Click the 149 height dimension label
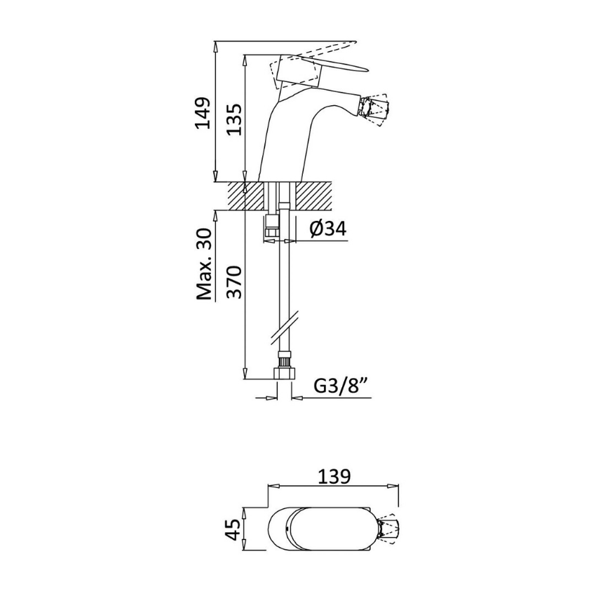coord(202,113)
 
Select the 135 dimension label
coord(233,119)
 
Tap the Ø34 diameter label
coord(328,229)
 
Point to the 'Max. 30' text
coord(203,264)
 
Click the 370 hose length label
coord(233,282)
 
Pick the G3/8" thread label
coord(341,386)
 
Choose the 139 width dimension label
coord(334,477)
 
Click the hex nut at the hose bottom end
coord(284,372)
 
